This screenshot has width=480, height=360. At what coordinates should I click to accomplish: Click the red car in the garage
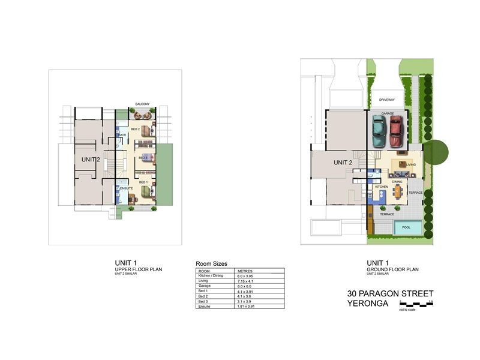(x=395, y=131)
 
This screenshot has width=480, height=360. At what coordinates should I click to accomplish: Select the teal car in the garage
(x=379, y=131)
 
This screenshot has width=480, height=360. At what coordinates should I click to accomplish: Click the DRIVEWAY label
(x=386, y=100)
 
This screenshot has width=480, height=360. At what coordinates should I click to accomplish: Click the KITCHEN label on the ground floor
(x=382, y=187)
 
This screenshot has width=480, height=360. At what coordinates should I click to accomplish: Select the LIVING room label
(x=411, y=164)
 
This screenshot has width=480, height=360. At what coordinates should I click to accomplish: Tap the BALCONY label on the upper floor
(x=142, y=103)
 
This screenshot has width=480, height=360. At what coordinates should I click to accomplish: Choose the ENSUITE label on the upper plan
(x=126, y=188)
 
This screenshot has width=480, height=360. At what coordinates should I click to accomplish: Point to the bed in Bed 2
(x=146, y=130)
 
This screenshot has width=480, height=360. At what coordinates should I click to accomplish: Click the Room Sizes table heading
(x=211, y=264)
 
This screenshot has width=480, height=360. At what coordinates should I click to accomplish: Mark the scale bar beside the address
(x=416, y=305)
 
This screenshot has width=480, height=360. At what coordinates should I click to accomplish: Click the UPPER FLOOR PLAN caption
(x=138, y=270)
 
